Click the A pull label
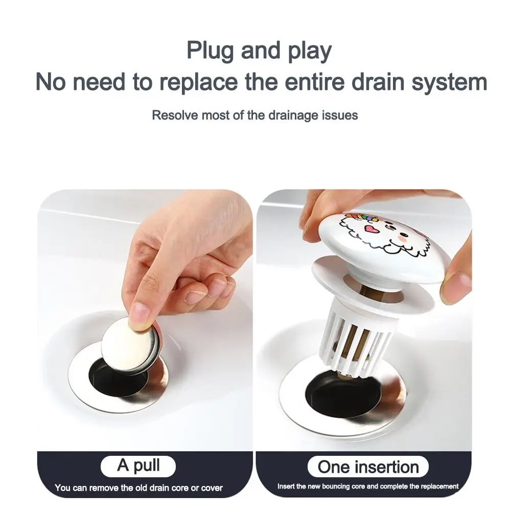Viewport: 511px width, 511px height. tap(138, 466)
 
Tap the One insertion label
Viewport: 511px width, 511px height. tap(368, 466)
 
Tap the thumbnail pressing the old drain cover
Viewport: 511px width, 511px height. tap(139, 311)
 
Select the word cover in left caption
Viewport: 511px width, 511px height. tap(211, 488)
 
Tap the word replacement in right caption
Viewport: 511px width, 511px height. tap(440, 486)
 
